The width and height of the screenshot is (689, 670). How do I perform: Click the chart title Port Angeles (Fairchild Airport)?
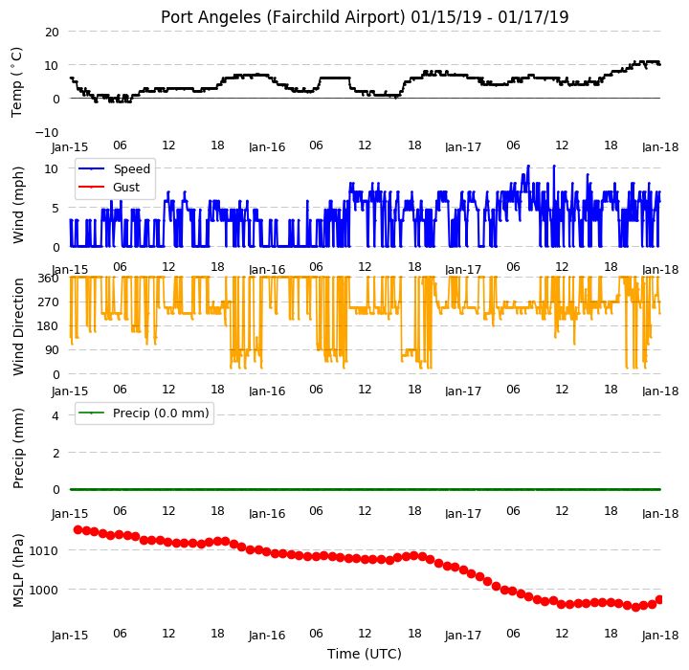[282, 17]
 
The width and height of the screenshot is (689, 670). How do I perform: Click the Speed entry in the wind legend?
[114, 168]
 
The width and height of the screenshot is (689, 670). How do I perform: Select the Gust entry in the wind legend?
[109, 188]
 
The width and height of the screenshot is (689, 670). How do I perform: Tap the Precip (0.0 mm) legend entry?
[144, 413]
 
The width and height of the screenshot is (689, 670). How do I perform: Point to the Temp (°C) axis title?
[16, 82]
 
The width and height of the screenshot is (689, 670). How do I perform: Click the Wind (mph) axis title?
[18, 206]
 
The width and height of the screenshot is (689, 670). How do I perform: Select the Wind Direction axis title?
[18, 326]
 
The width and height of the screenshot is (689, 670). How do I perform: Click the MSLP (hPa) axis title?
[18, 570]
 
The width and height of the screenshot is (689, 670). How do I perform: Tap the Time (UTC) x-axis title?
[365, 654]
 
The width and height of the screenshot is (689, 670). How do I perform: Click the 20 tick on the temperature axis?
[52, 33]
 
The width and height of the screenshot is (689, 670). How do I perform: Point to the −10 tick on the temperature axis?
[47, 132]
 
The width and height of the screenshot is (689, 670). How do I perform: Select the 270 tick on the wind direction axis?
[49, 302]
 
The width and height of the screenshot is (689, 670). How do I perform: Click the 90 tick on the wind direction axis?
[52, 350]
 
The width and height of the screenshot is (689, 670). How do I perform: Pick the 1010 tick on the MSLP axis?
[44, 550]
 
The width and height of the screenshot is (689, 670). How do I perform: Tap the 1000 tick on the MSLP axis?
[44, 590]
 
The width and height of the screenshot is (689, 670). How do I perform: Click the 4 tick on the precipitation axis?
[56, 415]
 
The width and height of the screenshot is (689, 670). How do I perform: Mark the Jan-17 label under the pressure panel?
[463, 636]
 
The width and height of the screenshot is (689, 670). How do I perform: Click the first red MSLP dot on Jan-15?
[78, 529]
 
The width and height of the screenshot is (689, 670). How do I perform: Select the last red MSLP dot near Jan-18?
[659, 600]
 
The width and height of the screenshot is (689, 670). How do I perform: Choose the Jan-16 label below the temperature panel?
[267, 147]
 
